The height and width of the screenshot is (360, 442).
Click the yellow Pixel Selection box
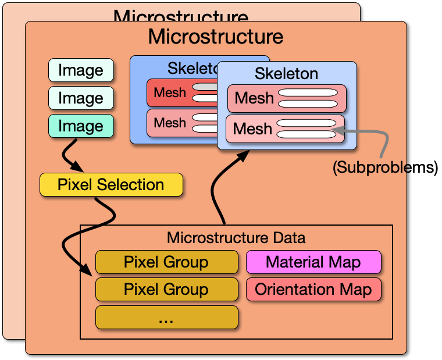110,185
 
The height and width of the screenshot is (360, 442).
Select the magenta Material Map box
313,262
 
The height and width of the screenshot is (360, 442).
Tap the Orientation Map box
313,289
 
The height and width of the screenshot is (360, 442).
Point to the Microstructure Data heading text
236,238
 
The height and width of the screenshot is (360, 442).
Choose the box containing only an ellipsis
166,317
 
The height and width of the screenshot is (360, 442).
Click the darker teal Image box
80,126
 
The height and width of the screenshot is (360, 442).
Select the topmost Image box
80,70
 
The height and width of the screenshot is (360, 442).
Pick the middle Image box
80,98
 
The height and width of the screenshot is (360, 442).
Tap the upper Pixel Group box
166,262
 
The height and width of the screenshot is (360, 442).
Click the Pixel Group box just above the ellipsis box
166,289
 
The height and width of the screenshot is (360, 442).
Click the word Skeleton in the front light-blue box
286,74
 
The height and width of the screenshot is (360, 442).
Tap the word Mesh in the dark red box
170,92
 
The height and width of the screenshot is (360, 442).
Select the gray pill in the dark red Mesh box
204,87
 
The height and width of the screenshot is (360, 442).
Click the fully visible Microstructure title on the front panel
215,37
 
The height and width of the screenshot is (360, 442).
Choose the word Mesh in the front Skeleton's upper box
254,98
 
